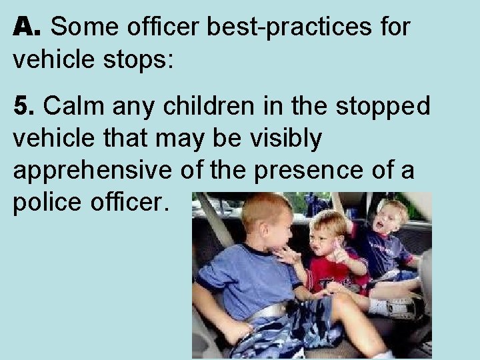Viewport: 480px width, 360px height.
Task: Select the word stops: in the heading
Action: coord(142,59)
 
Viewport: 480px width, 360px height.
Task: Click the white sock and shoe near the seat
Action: coord(393,306)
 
